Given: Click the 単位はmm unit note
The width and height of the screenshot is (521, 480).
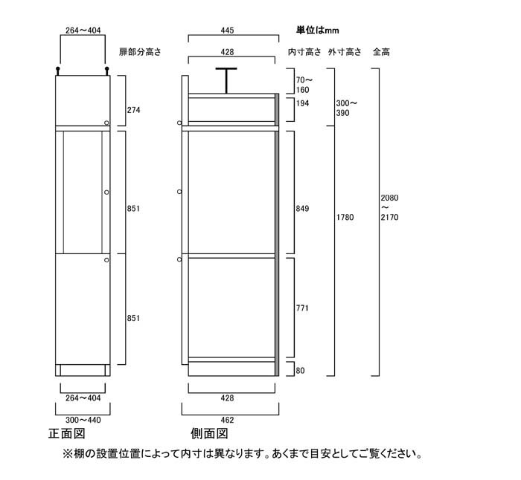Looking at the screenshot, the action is click(317, 30).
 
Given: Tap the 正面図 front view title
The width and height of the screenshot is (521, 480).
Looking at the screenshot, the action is click(67, 433).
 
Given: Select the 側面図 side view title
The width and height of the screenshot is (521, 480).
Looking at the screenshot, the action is click(209, 433).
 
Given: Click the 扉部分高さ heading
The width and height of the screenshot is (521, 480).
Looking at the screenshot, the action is click(140, 52).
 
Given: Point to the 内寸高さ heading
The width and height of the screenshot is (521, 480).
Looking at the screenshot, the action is click(304, 52).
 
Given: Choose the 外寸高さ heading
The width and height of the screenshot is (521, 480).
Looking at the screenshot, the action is click(345, 52).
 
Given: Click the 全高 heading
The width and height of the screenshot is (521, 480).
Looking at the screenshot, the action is click(381, 52).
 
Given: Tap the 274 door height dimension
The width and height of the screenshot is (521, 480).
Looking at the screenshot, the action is click(133, 110).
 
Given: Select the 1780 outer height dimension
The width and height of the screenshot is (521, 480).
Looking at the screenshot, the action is click(345, 217).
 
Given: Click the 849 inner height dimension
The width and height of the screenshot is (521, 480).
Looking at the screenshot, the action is click(302, 208).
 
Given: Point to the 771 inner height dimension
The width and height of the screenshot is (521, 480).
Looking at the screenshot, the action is click(302, 308).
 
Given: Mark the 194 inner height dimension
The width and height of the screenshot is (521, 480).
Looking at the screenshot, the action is click(302, 103).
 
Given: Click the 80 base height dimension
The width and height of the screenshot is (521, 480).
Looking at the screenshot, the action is click(300, 371).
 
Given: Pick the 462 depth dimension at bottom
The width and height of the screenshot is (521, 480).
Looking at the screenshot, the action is click(227, 420).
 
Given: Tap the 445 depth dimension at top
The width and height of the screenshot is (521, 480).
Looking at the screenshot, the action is click(227, 30).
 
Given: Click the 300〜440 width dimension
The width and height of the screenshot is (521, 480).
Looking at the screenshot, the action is click(83, 420).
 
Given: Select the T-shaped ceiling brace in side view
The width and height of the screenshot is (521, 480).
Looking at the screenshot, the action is click(226, 80).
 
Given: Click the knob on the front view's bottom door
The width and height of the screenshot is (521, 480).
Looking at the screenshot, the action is click(106, 260).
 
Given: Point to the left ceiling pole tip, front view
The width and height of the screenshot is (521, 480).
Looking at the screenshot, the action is click(58, 69).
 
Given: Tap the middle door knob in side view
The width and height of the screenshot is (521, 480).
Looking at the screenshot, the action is click(179, 192).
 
